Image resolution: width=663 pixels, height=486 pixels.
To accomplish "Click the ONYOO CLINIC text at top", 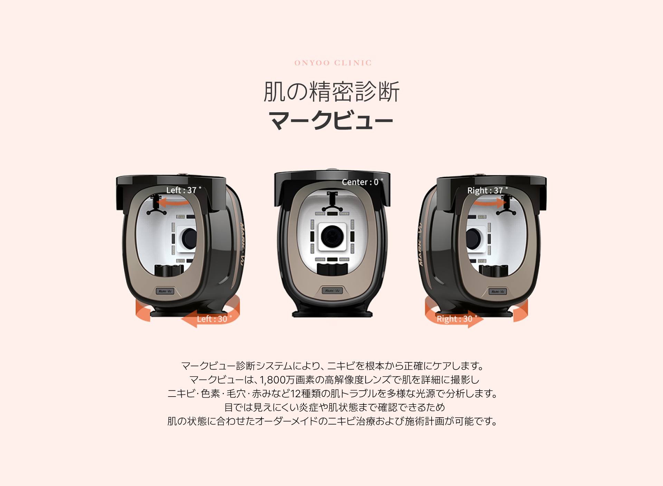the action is [333, 63].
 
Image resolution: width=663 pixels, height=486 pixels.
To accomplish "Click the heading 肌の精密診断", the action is [331, 92].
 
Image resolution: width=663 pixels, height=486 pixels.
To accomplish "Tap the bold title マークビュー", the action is [331, 121].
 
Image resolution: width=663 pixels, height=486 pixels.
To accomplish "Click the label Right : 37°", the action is [487, 190].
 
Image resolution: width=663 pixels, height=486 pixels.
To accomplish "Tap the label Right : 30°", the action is [457, 319].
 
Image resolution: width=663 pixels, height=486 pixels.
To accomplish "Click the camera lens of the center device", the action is [332, 236].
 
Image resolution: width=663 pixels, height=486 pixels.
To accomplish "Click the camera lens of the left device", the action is [190, 238].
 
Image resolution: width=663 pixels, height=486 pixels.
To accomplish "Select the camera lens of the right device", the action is [473, 238].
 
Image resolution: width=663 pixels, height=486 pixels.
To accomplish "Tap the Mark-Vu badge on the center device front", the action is [332, 290].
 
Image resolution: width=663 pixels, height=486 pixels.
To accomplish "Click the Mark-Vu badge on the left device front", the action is [165, 291].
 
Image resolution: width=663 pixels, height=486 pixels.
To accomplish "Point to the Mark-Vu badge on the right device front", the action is [498, 292].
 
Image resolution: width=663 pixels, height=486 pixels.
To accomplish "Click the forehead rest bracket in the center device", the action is [332, 201].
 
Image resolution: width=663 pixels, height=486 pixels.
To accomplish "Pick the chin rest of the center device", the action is [332, 269].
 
